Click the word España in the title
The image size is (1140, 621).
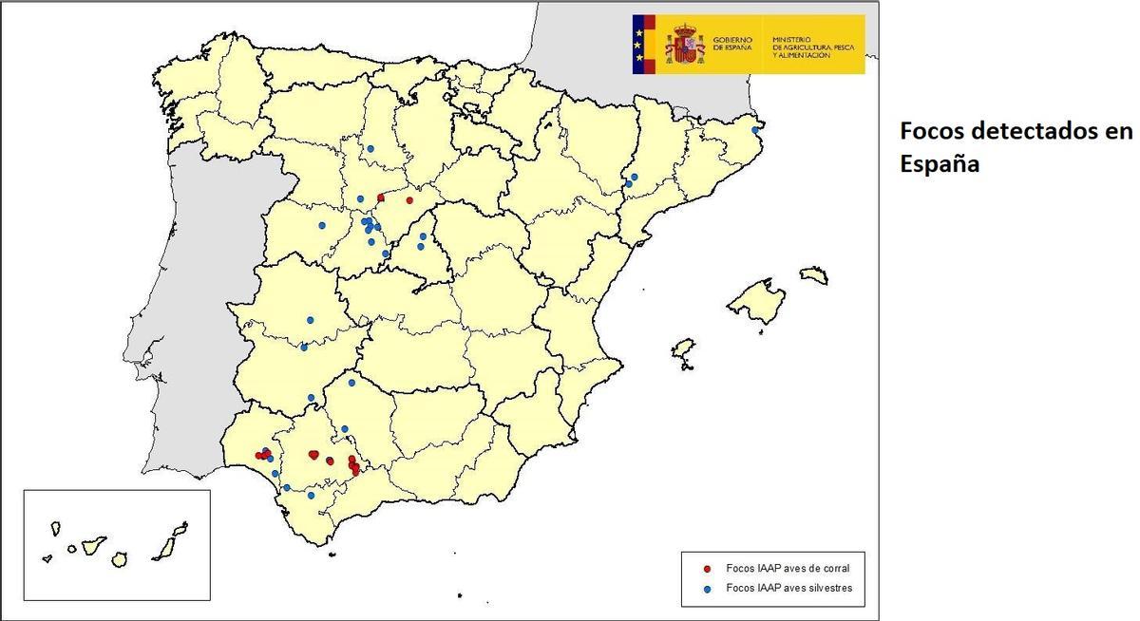940,163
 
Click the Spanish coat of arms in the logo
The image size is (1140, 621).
684,44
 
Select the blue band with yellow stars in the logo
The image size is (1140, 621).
638,44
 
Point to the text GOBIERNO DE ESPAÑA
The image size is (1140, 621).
731,44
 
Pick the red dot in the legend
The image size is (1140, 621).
707,569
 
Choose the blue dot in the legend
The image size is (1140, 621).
707,589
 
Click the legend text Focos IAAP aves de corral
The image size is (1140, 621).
788,569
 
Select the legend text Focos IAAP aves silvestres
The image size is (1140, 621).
788,589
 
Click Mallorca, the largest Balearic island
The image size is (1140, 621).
757,301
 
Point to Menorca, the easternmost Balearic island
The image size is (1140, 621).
813,275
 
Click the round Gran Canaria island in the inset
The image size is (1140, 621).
119,560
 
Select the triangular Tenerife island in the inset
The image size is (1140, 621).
92,546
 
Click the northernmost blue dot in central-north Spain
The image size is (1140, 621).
370,148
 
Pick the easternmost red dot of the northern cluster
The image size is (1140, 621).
409,200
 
